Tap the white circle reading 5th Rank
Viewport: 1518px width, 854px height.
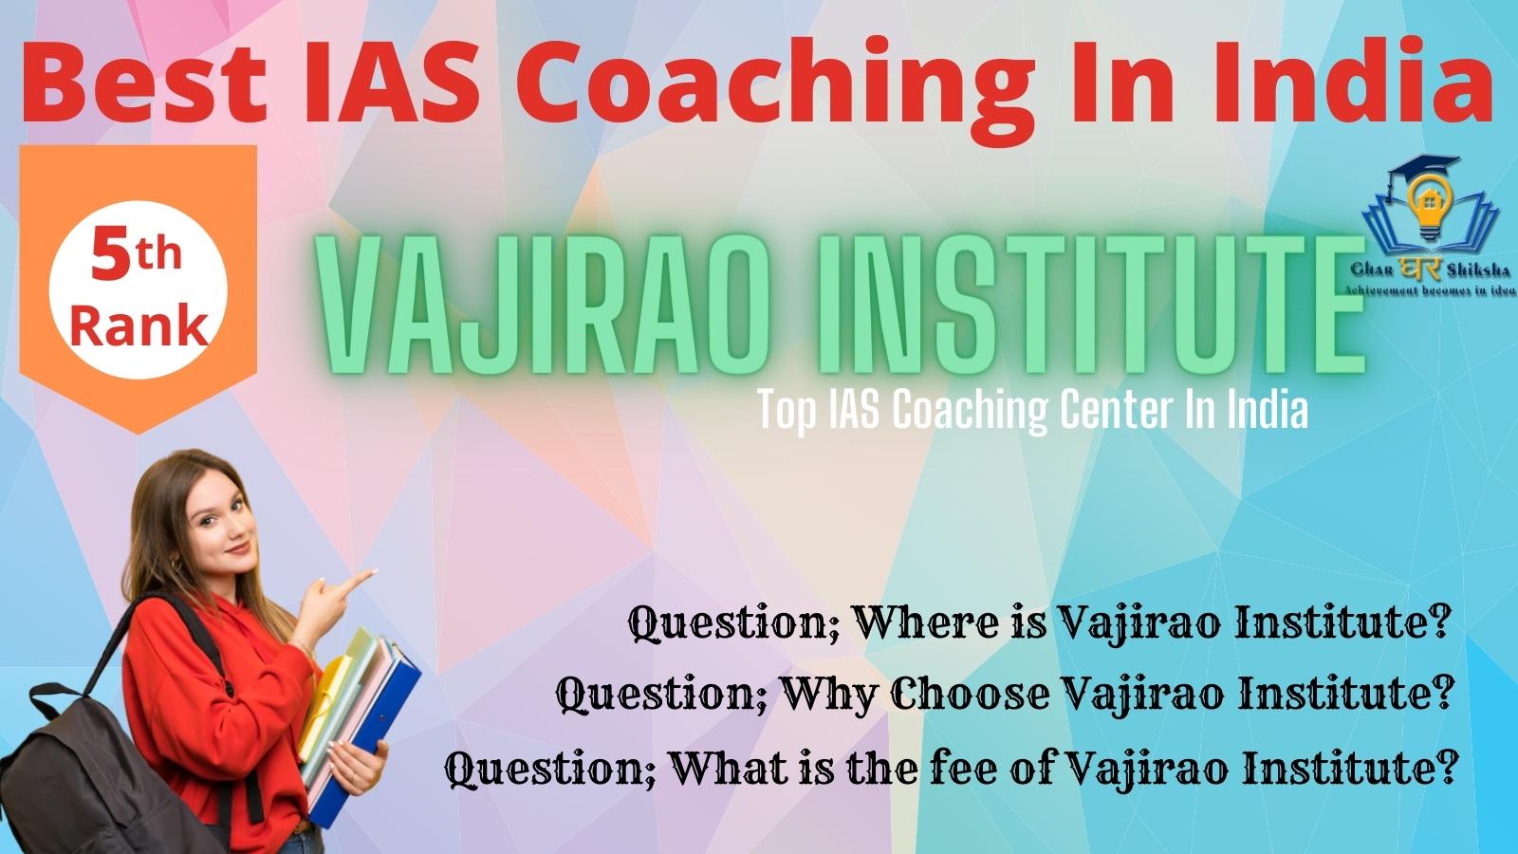pyautogui.click(x=139, y=289)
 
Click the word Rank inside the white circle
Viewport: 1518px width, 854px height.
pyautogui.click(x=139, y=326)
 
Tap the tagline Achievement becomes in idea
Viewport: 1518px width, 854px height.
pyautogui.click(x=1430, y=290)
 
